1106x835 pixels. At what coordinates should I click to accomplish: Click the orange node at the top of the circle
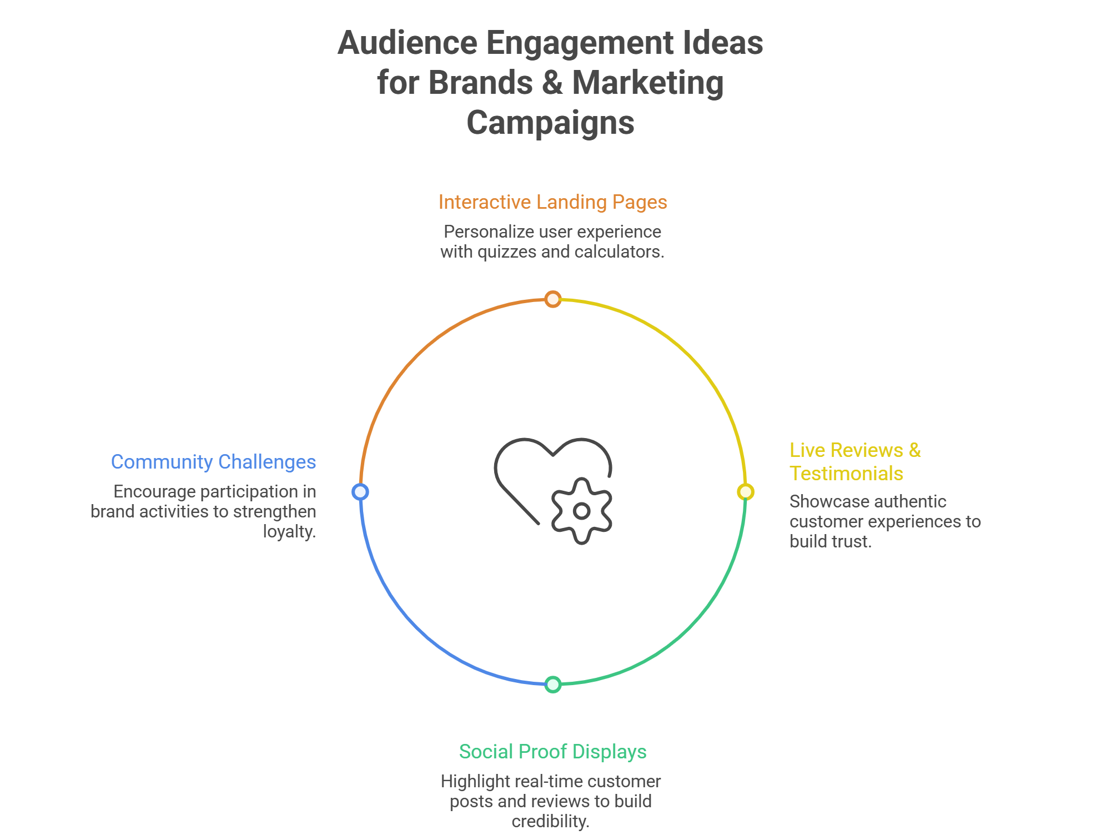(552, 299)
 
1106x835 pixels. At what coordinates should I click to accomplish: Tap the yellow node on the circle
(745, 492)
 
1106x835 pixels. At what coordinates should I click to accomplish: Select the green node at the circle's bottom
(552, 685)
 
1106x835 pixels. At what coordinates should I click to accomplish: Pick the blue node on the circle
(360, 492)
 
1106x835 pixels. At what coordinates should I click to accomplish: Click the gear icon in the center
(581, 511)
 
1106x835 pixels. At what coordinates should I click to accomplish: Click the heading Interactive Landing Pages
(552, 202)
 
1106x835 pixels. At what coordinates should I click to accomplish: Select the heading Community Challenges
(213, 462)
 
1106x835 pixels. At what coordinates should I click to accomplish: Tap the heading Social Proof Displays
(552, 752)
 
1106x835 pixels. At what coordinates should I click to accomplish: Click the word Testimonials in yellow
(846, 474)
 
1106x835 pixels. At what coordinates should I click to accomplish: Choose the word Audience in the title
(408, 43)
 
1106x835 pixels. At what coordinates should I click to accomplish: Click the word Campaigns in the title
(550, 123)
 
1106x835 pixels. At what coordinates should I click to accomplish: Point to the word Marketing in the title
(647, 83)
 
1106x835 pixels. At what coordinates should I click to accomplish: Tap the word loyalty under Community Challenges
(289, 532)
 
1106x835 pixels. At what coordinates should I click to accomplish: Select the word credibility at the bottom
(550, 822)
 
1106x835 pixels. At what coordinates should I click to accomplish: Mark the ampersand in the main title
(552, 83)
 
